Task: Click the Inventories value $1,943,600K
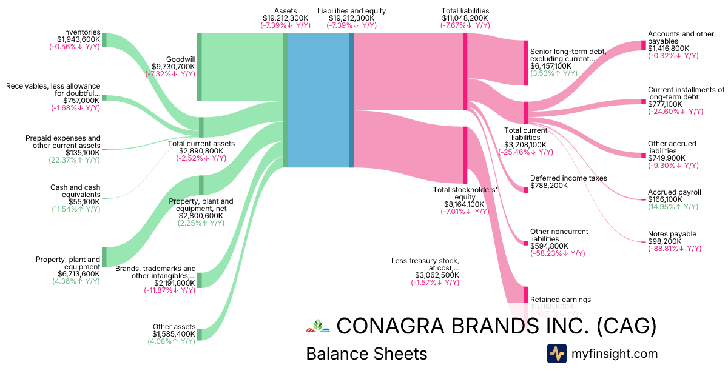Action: pos(75,39)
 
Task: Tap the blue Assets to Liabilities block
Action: pos(318,100)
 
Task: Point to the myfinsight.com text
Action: pos(614,354)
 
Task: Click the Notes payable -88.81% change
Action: pos(675,249)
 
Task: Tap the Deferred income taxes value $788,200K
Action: pos(549,186)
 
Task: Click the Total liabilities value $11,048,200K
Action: pos(465,18)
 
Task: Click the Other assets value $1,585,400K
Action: pos(174,334)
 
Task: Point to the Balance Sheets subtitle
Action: pos(366,354)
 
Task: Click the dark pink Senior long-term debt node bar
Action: pos(526,63)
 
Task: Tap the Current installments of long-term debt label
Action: pos(686,93)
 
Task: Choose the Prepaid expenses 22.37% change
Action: pos(75,160)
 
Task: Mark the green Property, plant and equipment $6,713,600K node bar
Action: pos(104,256)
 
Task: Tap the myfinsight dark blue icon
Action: pos(557,354)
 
